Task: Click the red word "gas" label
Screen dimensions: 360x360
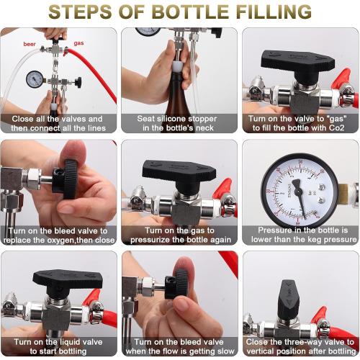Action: pos(78,43)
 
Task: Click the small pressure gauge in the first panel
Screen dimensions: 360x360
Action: pos(35,78)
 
